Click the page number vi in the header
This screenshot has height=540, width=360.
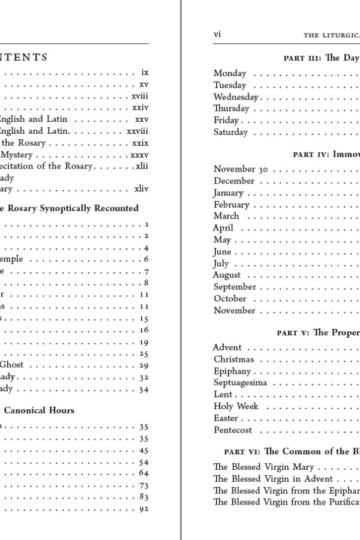coord(217,34)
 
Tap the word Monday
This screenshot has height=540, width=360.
coord(230,73)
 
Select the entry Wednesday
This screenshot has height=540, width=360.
coord(236,97)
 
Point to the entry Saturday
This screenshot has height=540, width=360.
coord(231,132)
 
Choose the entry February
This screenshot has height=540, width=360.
coord(231,205)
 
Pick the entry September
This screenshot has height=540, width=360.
coord(235,287)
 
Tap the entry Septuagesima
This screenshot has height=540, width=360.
coord(240,383)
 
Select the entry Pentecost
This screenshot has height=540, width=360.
coord(233,430)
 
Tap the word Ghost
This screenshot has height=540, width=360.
coord(11,365)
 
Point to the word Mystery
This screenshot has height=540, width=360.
coord(16,154)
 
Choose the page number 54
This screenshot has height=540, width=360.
coord(144,462)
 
